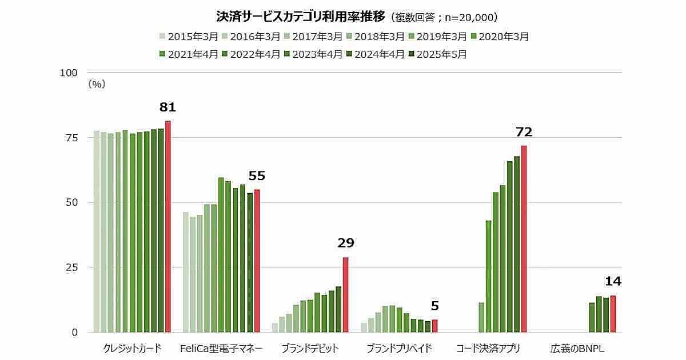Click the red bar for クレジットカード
(x=167, y=226)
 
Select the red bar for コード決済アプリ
(x=524, y=239)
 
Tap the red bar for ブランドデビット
(x=345, y=295)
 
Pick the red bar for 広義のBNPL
(x=613, y=314)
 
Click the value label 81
(x=167, y=107)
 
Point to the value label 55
(x=257, y=176)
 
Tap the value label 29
(x=346, y=243)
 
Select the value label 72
(x=524, y=133)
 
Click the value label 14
(x=613, y=281)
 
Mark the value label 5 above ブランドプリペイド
(x=435, y=306)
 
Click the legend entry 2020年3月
(x=500, y=37)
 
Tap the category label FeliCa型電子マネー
(x=221, y=348)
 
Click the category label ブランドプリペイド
(x=399, y=348)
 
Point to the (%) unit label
(x=97, y=84)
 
